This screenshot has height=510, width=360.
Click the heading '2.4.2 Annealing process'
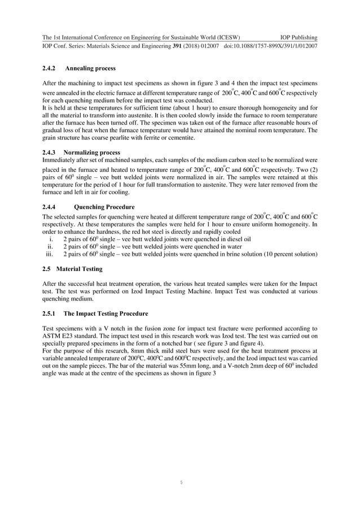click(x=79, y=68)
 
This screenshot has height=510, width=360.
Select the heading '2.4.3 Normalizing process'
click(x=81, y=152)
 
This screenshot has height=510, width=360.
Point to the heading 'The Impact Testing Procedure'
click(x=106, y=313)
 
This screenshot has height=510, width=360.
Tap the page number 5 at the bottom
click(x=180, y=482)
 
